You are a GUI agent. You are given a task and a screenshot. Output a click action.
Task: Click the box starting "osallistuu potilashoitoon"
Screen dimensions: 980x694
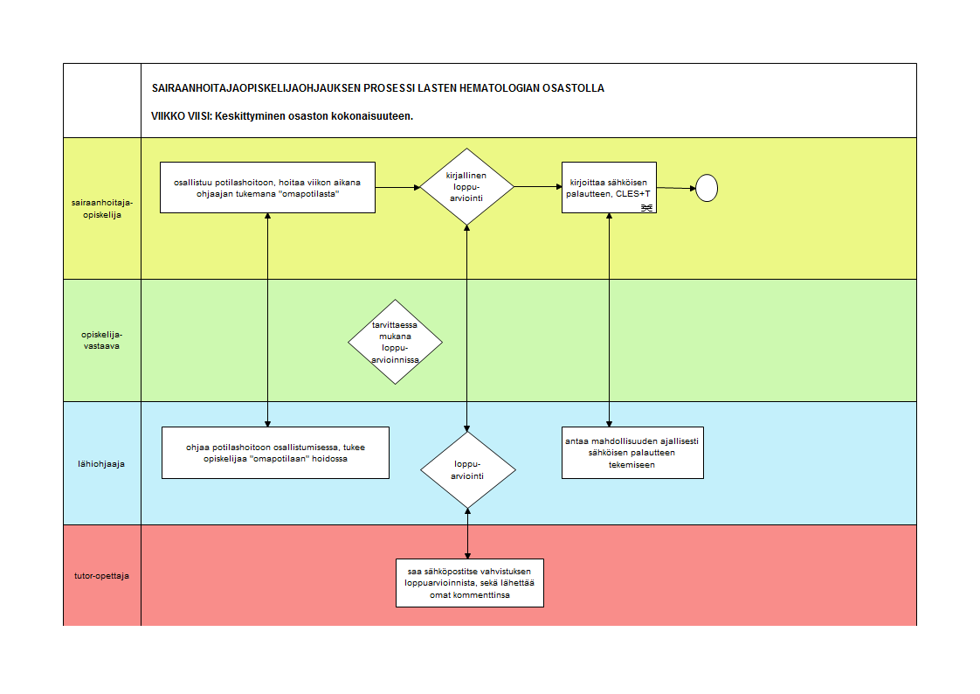[x=267, y=188]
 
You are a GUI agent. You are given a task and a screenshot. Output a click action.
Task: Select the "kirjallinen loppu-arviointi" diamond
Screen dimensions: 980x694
[x=467, y=186]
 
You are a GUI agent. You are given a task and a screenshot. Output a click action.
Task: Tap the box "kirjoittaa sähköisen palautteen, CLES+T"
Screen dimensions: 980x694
[x=609, y=188]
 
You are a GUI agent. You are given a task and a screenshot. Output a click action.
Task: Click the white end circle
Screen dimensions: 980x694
[x=707, y=188]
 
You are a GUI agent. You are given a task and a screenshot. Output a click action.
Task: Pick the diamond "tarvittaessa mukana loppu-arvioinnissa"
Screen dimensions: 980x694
[x=395, y=342]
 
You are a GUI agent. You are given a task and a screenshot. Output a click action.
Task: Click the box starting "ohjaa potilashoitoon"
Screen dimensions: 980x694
[x=276, y=453]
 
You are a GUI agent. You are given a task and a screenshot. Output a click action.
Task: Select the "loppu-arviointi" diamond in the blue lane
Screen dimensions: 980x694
[x=468, y=469]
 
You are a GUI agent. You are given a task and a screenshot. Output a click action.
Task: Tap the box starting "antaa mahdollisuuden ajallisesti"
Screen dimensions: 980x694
[x=632, y=453]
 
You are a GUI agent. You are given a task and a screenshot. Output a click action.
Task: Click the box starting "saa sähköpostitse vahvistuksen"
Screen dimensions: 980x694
[x=470, y=583]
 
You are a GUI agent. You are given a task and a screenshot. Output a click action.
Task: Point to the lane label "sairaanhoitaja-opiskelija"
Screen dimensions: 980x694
[x=102, y=208]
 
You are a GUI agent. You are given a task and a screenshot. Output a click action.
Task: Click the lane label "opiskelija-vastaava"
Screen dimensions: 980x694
[x=102, y=340]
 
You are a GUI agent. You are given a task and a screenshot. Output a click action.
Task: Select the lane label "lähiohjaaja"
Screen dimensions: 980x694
[x=101, y=464]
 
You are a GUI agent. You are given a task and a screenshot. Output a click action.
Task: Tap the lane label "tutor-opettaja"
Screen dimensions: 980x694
[x=102, y=575]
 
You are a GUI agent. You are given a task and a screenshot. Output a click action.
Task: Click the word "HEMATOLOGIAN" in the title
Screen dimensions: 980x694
[x=500, y=88]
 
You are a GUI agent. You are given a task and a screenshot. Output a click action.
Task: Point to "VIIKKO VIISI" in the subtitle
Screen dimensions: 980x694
[x=182, y=115]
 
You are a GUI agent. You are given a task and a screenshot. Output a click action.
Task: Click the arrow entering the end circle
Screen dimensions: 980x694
[x=676, y=188]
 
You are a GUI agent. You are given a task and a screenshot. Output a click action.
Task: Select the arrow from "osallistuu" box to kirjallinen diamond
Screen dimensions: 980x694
[x=398, y=187]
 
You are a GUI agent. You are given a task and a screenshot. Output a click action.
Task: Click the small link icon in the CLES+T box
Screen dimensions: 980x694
[x=647, y=207]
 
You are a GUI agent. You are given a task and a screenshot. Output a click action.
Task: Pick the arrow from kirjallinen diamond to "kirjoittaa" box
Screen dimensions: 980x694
[x=538, y=186]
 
